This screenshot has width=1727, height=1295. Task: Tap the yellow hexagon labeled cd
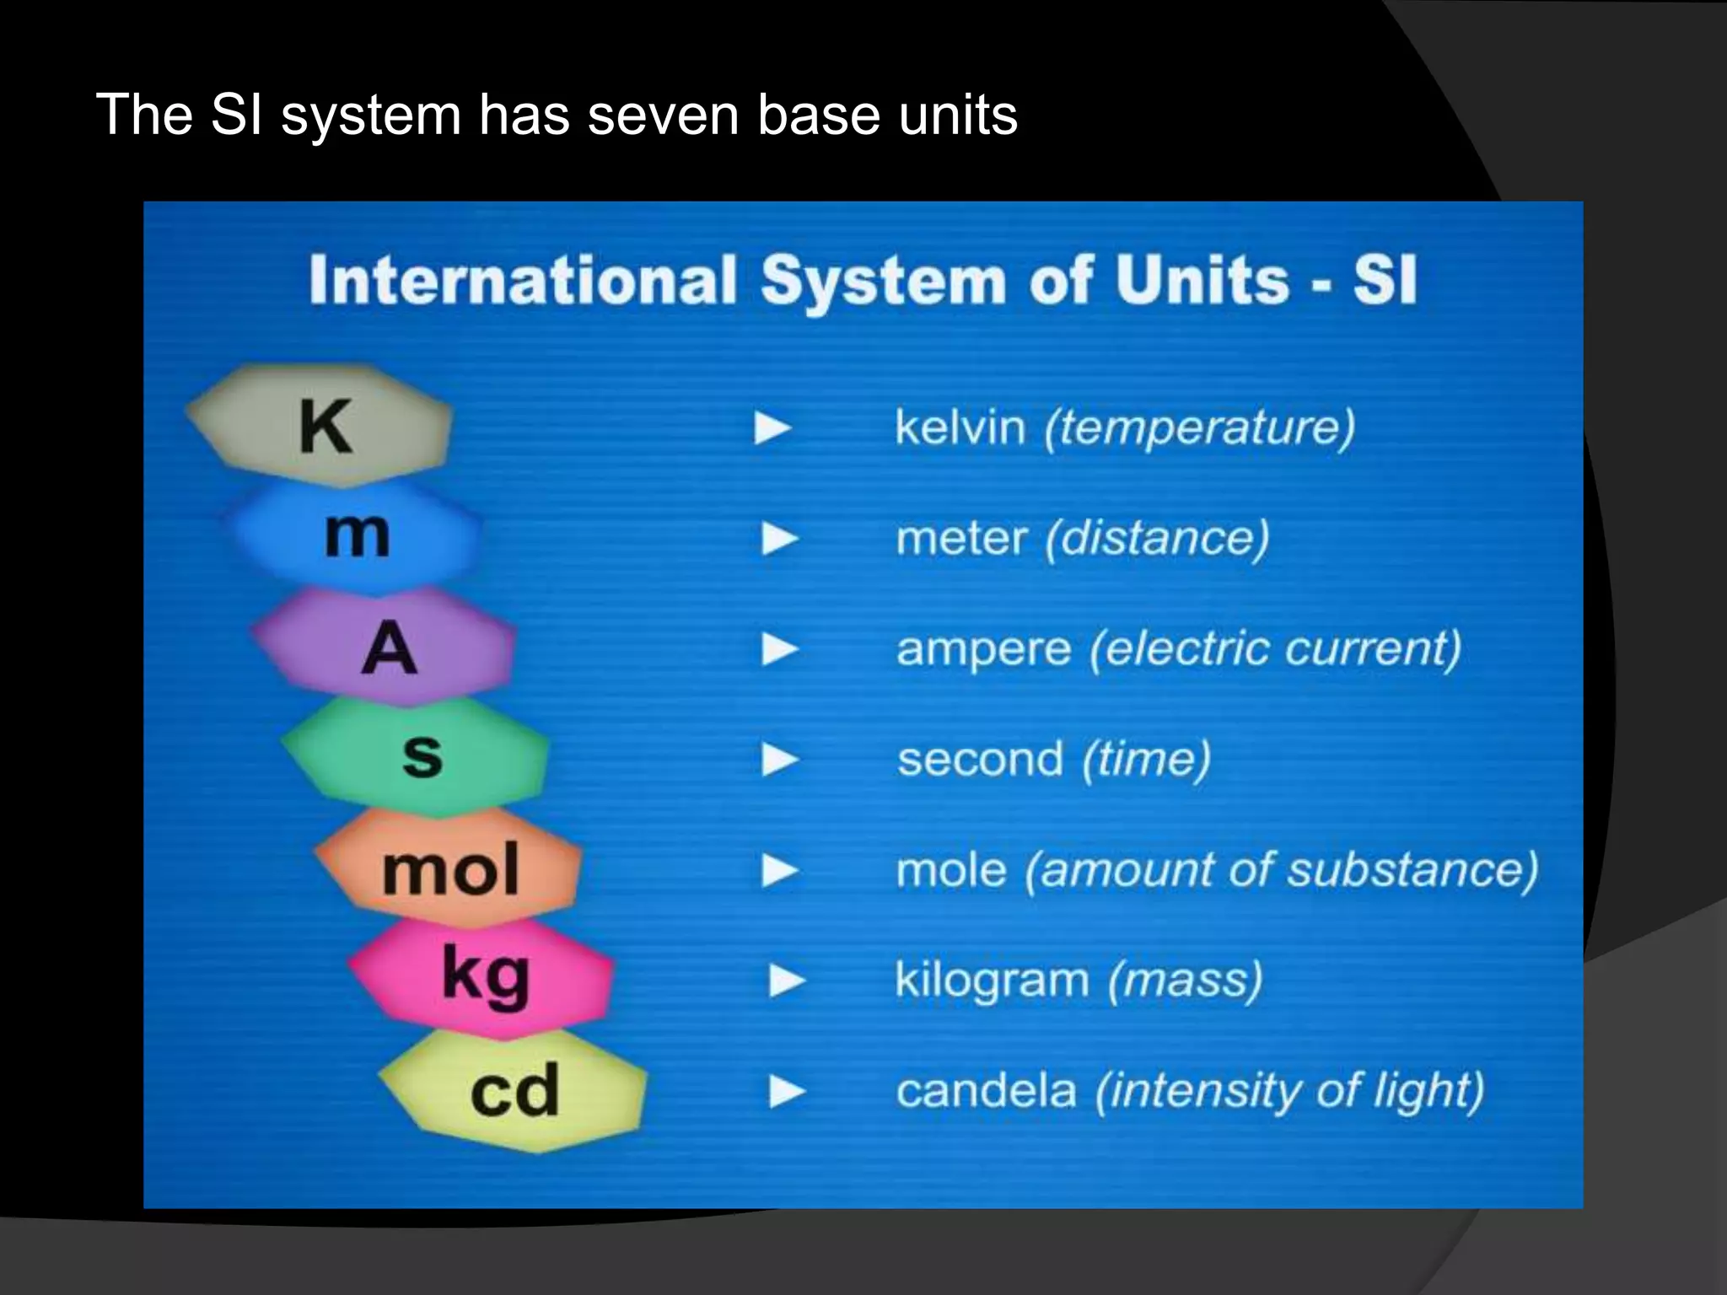tap(514, 1090)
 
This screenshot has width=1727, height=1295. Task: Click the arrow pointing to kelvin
tap(772, 427)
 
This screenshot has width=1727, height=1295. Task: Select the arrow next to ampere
tap(780, 649)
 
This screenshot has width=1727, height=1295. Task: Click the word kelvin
tap(960, 427)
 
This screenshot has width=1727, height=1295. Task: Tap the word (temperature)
tap(1199, 427)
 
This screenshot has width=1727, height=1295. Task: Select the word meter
tap(961, 538)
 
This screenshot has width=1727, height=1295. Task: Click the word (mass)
tap(1185, 981)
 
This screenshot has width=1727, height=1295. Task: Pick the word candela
tap(986, 1091)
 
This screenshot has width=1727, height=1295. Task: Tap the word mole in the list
tap(951, 870)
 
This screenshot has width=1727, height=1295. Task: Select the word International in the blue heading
tap(523, 280)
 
